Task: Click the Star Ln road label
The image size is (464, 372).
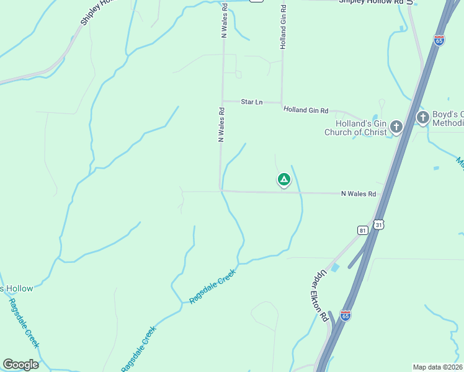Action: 251,101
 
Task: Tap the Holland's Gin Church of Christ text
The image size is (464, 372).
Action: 356,127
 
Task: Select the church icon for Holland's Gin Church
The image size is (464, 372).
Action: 396,128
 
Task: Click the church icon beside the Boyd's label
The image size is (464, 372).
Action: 422,117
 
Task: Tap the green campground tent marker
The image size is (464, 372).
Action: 283,180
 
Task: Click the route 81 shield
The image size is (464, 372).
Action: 363,230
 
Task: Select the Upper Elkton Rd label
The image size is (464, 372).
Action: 319,295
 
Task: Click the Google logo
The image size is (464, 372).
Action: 20,365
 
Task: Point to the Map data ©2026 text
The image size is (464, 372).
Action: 437,366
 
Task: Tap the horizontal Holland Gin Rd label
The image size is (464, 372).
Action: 305,110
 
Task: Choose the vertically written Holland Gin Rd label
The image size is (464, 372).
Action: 283,27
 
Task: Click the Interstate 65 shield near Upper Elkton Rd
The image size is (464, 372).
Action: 346,316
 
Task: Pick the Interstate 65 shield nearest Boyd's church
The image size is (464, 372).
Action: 439,40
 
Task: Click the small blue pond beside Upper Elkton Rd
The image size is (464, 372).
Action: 336,268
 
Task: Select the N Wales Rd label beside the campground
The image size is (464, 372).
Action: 359,194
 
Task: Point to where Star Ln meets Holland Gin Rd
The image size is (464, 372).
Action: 282,102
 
